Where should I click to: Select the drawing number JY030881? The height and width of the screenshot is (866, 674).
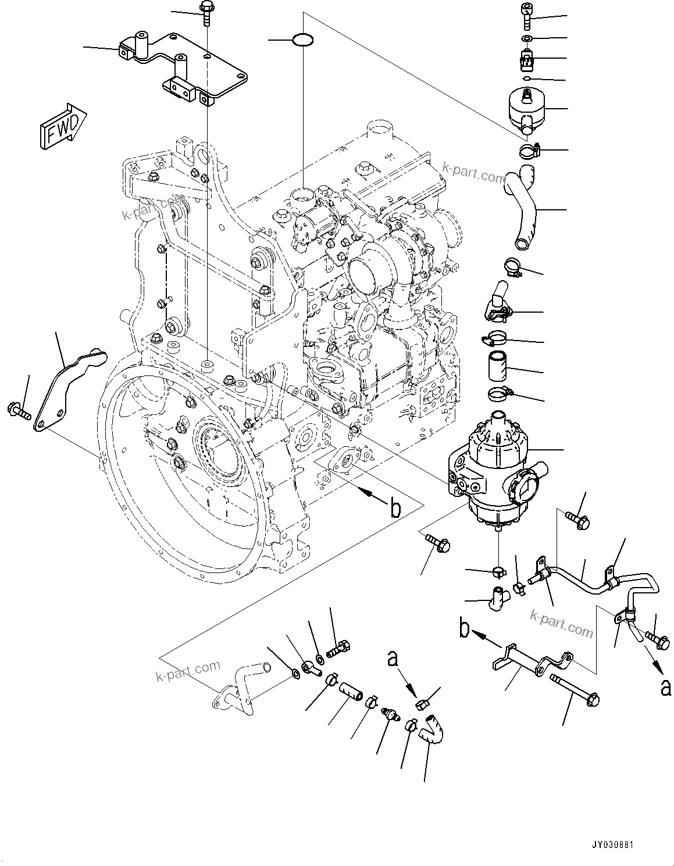(633, 843)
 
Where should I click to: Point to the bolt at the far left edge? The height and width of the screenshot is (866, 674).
(19, 411)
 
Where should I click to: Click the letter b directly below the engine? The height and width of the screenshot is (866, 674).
(395, 509)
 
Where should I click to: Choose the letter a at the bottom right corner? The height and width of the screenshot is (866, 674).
(664, 687)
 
